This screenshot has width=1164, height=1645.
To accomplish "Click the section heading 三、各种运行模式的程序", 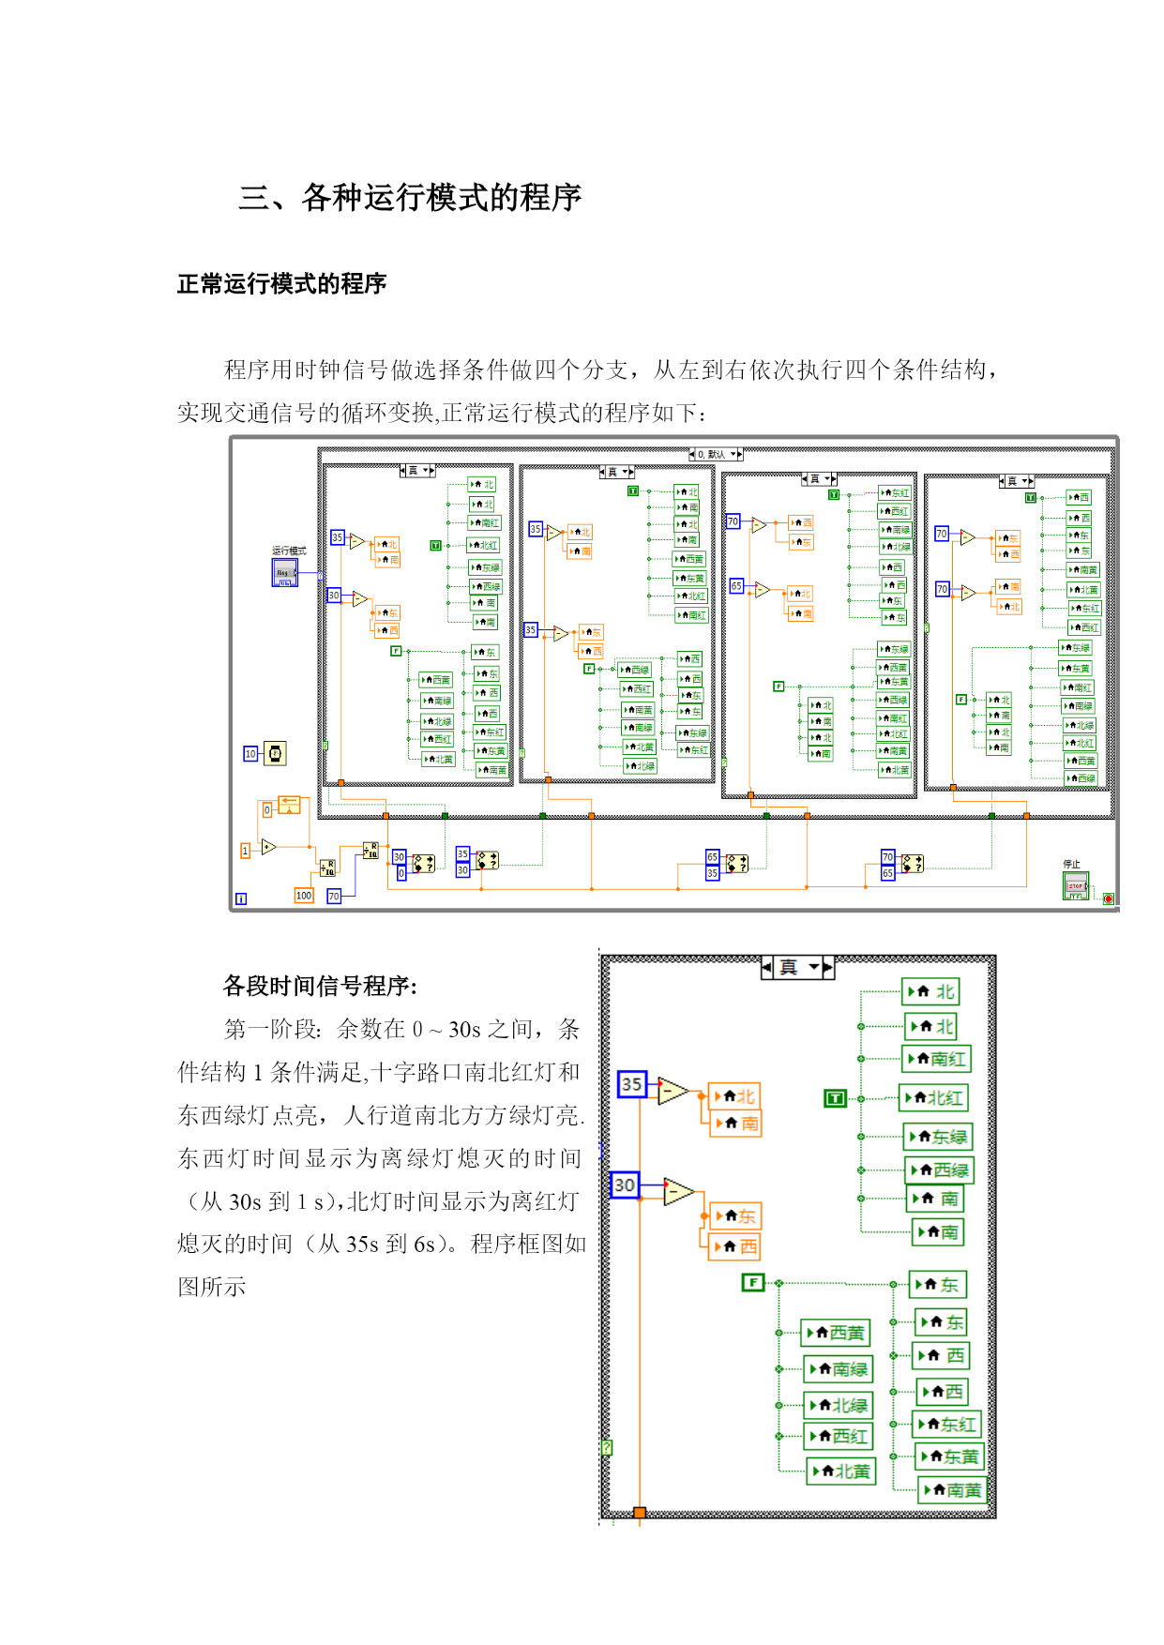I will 410,198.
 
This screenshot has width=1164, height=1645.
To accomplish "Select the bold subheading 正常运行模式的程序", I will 281,284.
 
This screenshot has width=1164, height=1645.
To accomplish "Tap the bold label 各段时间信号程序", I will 320,987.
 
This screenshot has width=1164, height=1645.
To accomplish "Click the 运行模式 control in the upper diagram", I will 284,572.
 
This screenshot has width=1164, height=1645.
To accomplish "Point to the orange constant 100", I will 304,896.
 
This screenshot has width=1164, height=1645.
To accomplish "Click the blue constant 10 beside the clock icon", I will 250,754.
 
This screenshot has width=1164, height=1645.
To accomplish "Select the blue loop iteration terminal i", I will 241,898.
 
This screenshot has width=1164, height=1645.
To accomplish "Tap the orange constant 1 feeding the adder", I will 246,851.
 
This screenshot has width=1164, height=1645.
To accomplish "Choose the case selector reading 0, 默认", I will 716,454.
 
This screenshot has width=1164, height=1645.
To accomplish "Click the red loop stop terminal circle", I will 1108,898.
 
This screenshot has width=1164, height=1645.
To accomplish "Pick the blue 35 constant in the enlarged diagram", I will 631,1084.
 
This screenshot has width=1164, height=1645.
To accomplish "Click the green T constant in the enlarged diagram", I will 835,1098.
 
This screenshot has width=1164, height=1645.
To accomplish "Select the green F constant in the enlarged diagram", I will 753,1282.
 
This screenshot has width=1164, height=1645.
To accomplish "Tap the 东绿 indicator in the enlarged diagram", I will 939,1138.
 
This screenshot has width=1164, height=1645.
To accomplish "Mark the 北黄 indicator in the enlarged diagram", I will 842,1471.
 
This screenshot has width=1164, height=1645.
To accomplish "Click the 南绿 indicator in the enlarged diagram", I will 839,1369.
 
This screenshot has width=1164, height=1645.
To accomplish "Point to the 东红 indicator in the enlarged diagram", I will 948,1425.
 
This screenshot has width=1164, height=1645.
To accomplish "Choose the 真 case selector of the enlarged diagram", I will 797,968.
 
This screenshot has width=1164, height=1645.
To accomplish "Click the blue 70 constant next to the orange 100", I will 334,897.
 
